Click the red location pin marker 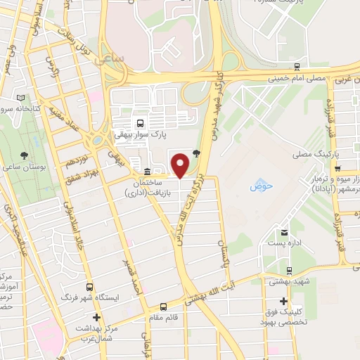click(181, 165)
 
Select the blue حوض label click(260, 188)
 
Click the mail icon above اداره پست click(284, 233)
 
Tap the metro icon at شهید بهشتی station click(289, 270)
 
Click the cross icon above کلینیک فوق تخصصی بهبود click(283, 301)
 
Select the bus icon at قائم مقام click(163, 307)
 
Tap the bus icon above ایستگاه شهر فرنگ click(90, 288)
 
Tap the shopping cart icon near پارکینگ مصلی click(338, 169)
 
